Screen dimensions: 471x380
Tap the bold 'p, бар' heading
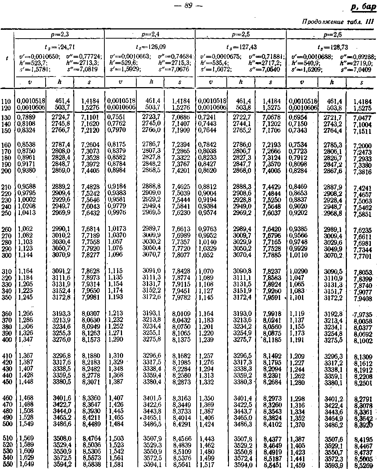[364, 7]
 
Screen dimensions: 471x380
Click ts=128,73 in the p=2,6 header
[332, 47]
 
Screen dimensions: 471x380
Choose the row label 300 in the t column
[7, 255]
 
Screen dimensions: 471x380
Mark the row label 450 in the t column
[7, 382]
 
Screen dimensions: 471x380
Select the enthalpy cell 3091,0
[151, 271]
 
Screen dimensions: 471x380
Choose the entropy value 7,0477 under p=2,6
[362, 118]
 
